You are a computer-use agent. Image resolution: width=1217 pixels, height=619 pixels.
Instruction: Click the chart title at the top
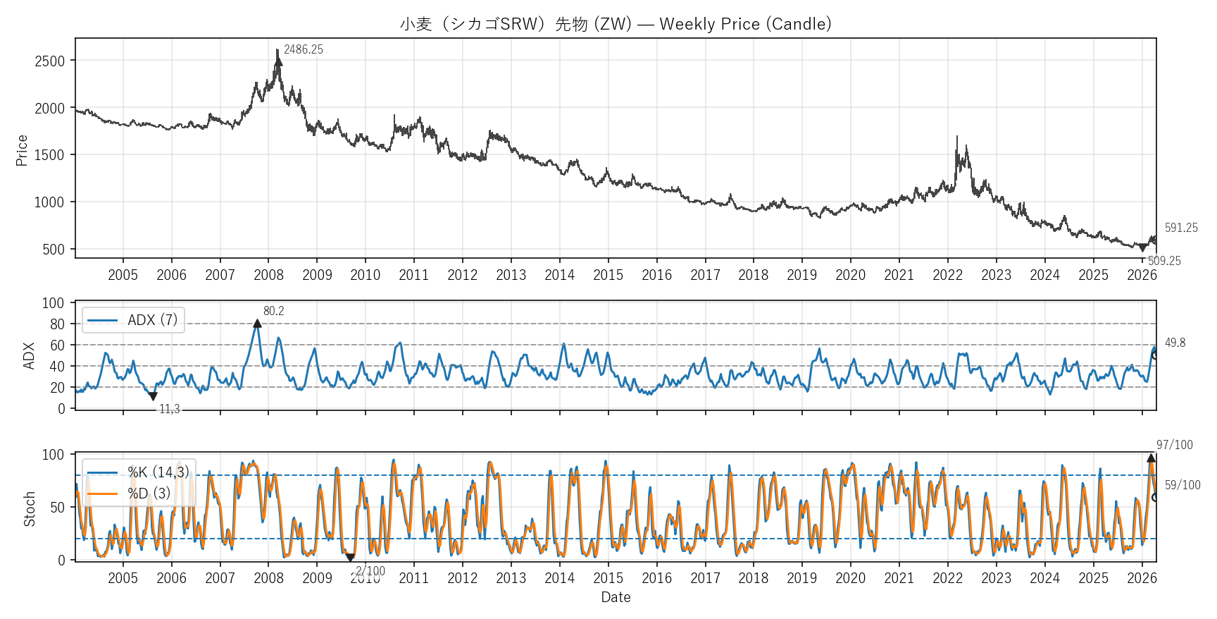(x=616, y=24)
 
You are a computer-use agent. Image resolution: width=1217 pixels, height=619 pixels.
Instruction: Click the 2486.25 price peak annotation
(x=303, y=49)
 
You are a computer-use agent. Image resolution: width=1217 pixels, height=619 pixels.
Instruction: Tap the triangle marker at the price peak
(x=278, y=61)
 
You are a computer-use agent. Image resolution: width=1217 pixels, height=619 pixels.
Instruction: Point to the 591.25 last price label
(x=1181, y=228)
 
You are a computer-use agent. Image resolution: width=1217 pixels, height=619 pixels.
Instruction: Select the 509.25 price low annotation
(x=1164, y=261)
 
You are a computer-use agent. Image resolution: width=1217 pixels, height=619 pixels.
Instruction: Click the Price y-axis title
(x=22, y=150)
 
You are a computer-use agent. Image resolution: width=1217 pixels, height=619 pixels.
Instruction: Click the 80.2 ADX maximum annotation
(x=273, y=311)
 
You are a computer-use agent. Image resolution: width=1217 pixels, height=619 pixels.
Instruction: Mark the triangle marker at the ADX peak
(x=257, y=324)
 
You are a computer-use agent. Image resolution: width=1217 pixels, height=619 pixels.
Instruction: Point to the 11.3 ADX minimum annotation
(x=169, y=409)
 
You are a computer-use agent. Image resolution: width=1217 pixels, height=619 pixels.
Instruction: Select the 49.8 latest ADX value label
(x=1175, y=343)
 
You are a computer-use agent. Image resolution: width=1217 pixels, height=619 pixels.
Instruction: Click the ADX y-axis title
(x=29, y=355)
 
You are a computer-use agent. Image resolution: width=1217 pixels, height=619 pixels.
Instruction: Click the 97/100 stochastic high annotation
(x=1175, y=445)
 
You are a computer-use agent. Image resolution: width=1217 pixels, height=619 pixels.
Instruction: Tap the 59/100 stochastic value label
(x=1182, y=485)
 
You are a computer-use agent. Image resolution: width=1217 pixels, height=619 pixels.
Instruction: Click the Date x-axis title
(x=616, y=597)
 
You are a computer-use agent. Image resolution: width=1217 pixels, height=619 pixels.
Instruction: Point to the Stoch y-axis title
(x=29, y=508)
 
